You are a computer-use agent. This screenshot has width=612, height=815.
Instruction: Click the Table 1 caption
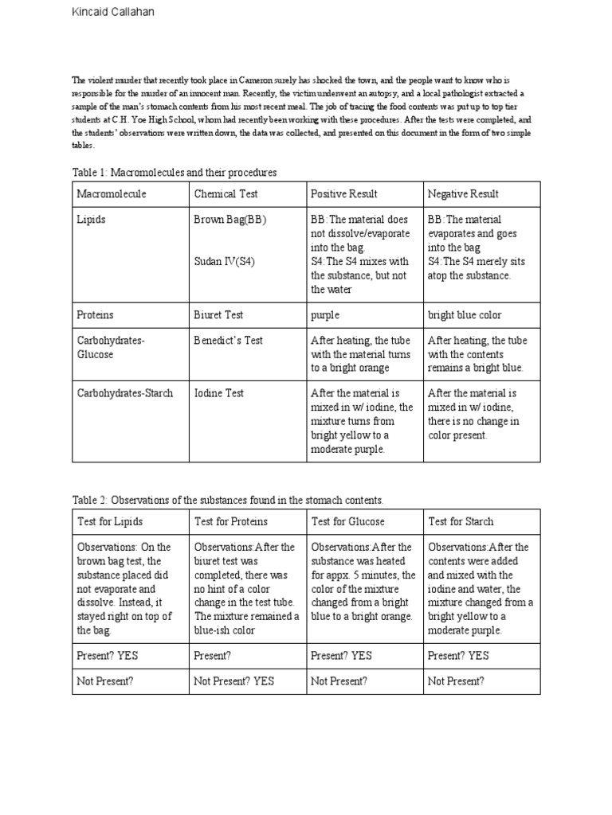[x=175, y=172]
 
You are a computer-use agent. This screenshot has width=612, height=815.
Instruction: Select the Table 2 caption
[x=228, y=500]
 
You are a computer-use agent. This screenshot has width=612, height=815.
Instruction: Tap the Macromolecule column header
[x=112, y=194]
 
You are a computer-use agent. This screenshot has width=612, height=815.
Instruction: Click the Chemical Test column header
[x=226, y=194]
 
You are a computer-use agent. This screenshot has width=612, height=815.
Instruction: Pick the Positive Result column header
[x=344, y=194]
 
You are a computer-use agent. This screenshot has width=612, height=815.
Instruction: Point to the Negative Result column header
[x=463, y=194]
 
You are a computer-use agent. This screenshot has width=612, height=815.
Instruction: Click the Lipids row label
[x=91, y=220]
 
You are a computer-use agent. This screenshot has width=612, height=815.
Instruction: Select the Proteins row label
[x=95, y=315]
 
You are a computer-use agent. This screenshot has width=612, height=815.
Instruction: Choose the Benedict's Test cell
[x=229, y=341]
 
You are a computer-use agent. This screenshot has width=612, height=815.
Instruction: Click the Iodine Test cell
[x=219, y=393]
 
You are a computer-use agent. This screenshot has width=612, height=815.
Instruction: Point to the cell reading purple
[x=325, y=315]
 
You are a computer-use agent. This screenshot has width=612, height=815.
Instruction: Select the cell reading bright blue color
[x=465, y=315]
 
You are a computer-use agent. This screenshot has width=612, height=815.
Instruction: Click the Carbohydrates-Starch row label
[x=125, y=393]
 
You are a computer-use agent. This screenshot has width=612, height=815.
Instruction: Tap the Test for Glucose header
[x=347, y=522]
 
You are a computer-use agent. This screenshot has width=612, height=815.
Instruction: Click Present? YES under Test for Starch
[x=458, y=656]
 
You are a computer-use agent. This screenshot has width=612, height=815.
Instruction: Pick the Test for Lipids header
[x=111, y=522]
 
